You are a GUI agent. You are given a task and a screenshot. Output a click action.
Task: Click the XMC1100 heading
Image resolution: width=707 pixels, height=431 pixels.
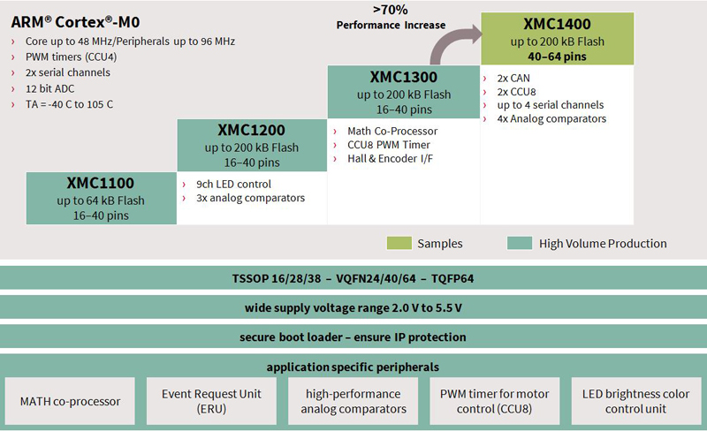(x=101, y=183)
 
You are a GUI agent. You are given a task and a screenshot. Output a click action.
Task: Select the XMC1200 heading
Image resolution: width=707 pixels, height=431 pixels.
(x=252, y=131)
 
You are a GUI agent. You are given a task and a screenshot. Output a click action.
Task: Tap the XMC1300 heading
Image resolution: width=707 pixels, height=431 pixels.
(x=404, y=77)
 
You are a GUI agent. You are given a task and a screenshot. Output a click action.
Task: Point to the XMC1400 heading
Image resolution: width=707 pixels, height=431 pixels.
(x=557, y=24)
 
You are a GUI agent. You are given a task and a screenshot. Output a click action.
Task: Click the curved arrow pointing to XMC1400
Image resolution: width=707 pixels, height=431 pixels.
(x=446, y=42)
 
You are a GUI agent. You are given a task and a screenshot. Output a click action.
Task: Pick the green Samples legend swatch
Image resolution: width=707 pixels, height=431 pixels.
(x=399, y=243)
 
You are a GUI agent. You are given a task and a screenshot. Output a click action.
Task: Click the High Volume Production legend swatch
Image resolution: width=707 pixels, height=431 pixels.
(x=520, y=243)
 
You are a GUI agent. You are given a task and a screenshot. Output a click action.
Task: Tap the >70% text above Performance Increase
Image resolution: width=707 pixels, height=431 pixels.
(x=391, y=10)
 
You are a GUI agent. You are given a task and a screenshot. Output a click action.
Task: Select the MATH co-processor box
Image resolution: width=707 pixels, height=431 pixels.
(x=70, y=401)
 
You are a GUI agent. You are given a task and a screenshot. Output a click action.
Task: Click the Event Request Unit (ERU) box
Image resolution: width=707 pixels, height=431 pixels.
(x=211, y=401)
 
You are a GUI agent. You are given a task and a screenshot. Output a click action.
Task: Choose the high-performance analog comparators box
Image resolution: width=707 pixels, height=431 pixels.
(x=353, y=401)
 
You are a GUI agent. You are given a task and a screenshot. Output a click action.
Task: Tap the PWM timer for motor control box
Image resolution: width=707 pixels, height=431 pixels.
(x=495, y=401)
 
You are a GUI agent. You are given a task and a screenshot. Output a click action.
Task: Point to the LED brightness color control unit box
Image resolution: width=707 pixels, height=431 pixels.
(x=636, y=401)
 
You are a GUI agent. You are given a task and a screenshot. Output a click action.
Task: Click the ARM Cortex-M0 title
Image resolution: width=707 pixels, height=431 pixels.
(x=75, y=22)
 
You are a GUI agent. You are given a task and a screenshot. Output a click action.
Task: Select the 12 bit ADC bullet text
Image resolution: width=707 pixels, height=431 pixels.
(x=50, y=89)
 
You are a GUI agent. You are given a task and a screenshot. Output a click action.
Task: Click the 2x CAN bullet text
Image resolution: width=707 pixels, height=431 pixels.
(x=513, y=79)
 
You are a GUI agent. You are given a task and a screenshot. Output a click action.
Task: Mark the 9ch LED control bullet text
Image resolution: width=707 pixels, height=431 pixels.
(x=233, y=185)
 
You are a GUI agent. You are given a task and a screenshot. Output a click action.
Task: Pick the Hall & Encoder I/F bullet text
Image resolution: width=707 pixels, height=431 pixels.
(x=390, y=159)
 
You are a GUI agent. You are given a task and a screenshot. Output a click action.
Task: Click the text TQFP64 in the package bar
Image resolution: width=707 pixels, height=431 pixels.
(x=452, y=278)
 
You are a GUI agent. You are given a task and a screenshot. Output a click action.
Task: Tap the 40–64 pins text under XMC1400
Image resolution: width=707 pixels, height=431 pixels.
(x=557, y=57)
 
